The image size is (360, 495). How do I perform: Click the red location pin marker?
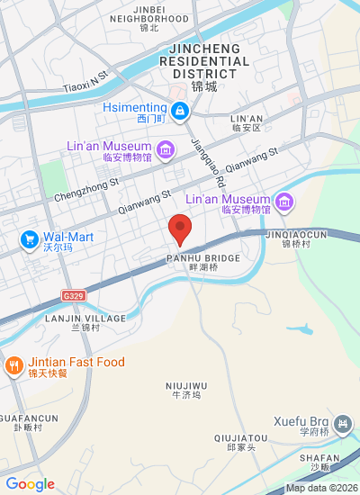point(180,229)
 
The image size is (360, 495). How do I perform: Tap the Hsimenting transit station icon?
point(181,111)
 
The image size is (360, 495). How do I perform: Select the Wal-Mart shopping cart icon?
point(29,239)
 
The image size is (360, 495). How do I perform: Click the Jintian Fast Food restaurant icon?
point(13,364)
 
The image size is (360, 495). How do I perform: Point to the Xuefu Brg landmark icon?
point(342,423)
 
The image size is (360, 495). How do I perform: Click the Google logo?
point(31,484)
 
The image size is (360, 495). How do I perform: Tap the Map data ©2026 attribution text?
point(321,488)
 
